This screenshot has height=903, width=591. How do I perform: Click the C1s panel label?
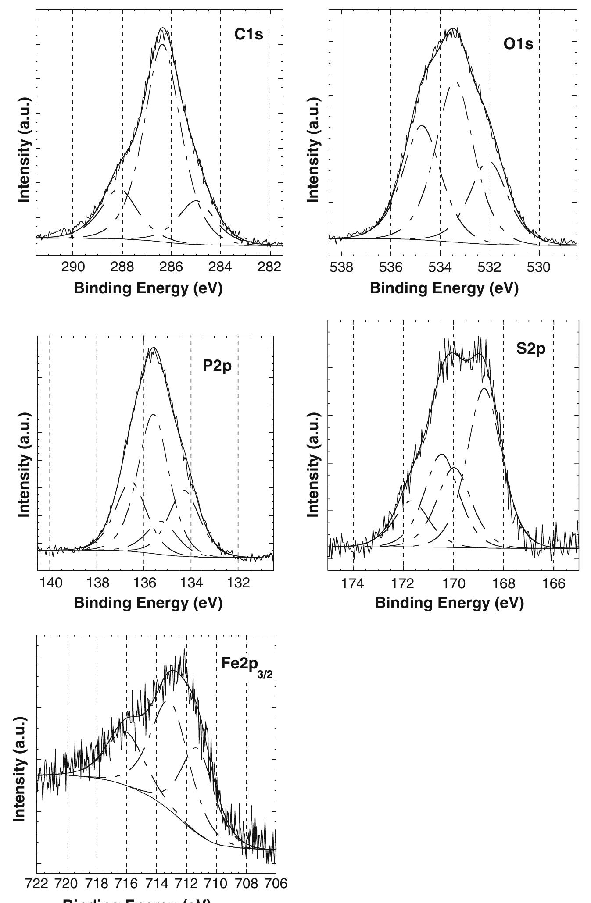[x=249, y=34]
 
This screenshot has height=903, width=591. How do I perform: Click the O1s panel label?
[x=518, y=44]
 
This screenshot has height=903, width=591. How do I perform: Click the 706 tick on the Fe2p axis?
[x=276, y=883]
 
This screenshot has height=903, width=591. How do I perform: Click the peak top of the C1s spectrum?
[x=163, y=28]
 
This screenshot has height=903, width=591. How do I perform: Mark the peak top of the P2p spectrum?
[x=153, y=348]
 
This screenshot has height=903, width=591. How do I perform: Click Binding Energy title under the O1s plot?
[x=444, y=288]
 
